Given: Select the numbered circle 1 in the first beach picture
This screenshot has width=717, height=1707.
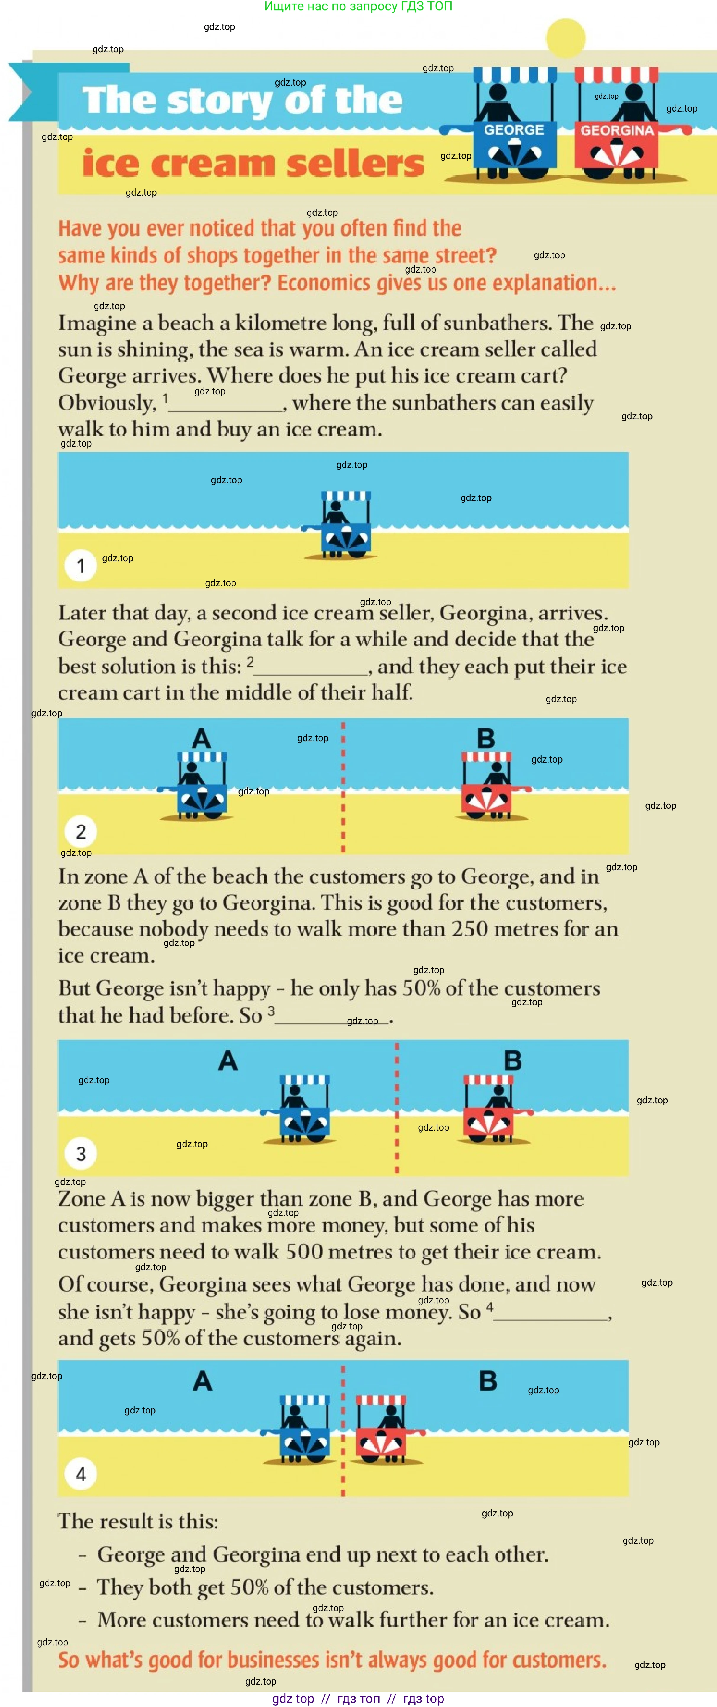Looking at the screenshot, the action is pyautogui.click(x=81, y=566).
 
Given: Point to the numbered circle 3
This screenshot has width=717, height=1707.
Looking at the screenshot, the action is pyautogui.click(x=81, y=1154).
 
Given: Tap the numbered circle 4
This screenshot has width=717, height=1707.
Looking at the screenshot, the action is pyautogui.click(x=81, y=1474).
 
